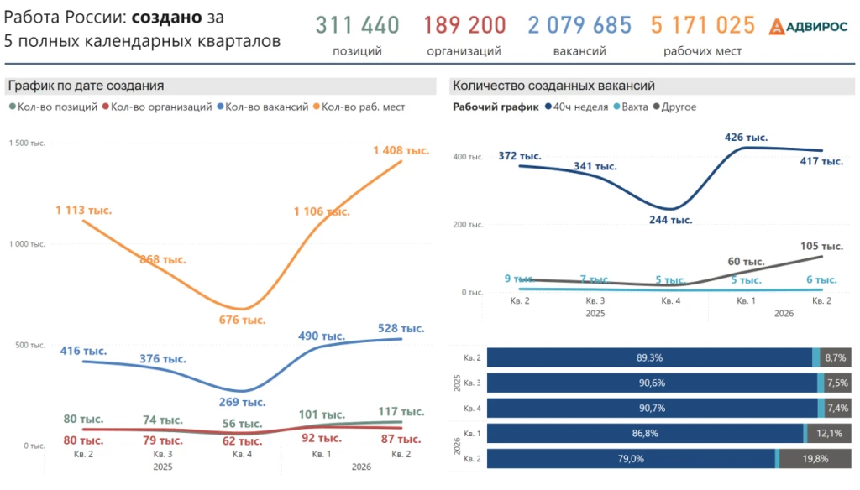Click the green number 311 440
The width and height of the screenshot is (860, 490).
pyautogui.click(x=357, y=25)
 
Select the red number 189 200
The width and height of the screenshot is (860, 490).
pyautogui.click(x=464, y=25)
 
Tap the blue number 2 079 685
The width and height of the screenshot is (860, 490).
pyautogui.click(x=579, y=25)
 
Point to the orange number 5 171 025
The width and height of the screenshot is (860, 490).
pyautogui.click(x=703, y=25)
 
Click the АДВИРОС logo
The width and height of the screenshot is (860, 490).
pyautogui.click(x=808, y=26)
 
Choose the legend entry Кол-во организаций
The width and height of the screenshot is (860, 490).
pyautogui.click(x=157, y=107)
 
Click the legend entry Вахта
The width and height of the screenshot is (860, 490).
pyautogui.click(x=631, y=107)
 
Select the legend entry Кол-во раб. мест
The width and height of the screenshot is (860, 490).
pyautogui.click(x=359, y=107)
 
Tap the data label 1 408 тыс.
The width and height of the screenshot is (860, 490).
pyautogui.click(x=401, y=150)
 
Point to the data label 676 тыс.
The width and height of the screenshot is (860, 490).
pyautogui.click(x=242, y=320)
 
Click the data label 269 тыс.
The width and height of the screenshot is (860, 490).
pyautogui.click(x=242, y=402)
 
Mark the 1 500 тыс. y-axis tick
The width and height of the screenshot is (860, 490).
pyautogui.click(x=27, y=143)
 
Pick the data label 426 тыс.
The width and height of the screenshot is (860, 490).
pyautogui.click(x=746, y=138)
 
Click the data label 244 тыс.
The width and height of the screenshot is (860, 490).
pyautogui.click(x=670, y=221)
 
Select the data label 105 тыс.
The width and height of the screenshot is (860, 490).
pyautogui.click(x=821, y=246)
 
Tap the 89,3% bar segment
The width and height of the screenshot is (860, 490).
pyautogui.click(x=649, y=358)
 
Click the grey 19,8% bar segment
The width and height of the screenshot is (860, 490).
pyautogui.click(x=815, y=459)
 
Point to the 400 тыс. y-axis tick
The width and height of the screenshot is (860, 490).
pyautogui.click(x=468, y=157)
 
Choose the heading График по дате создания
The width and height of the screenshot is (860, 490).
pyautogui.click(x=87, y=86)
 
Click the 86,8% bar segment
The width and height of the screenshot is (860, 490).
pyautogui.click(x=645, y=434)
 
